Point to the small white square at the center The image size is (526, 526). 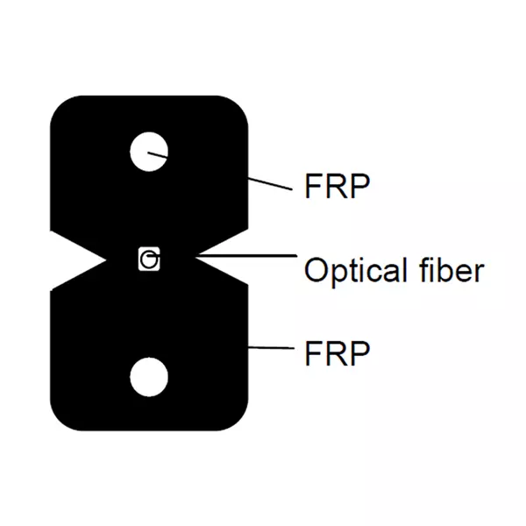coord(150,259)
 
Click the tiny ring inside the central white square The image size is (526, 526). coord(151,260)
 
